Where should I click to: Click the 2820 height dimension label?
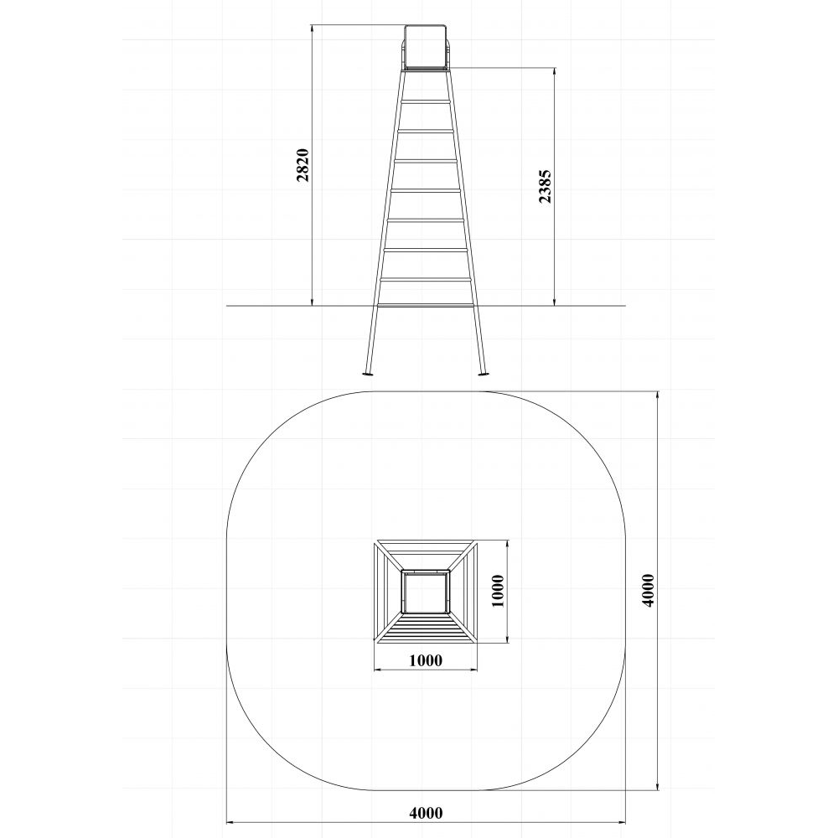(x=303, y=165)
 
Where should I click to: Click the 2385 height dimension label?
(x=546, y=187)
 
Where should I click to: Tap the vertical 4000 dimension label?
(x=649, y=590)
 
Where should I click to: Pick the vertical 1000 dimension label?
(x=498, y=591)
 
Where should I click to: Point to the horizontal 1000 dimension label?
(x=426, y=660)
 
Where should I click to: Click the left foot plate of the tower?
(x=368, y=374)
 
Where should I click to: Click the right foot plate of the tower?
(x=484, y=374)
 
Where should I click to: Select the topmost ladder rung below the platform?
(x=426, y=101)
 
